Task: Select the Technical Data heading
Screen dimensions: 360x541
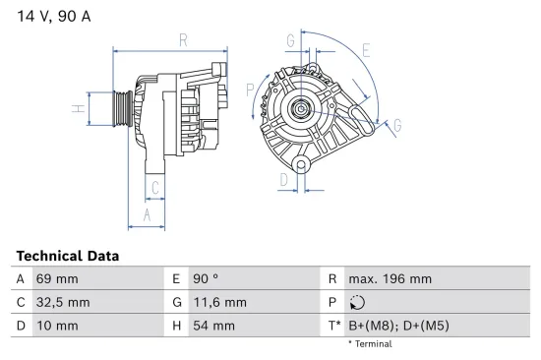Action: (x=67, y=255)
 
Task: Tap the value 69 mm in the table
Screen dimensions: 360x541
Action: (x=56, y=279)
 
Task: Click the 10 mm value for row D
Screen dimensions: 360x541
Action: (x=56, y=326)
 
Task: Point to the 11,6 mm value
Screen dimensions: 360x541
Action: (x=220, y=303)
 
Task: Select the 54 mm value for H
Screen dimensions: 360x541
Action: (x=213, y=326)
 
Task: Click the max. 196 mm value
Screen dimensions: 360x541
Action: (x=390, y=279)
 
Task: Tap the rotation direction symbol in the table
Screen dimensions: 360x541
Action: (x=357, y=303)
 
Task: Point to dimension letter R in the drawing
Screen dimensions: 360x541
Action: (x=183, y=40)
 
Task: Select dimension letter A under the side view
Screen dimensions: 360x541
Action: (x=147, y=213)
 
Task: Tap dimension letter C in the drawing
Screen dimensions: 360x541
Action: (x=154, y=187)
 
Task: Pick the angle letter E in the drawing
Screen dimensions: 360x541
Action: (x=365, y=50)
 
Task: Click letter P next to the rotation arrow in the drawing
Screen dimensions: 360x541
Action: (x=251, y=90)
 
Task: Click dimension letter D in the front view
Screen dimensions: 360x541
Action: (x=283, y=180)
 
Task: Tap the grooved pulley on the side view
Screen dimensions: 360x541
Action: (x=119, y=107)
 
